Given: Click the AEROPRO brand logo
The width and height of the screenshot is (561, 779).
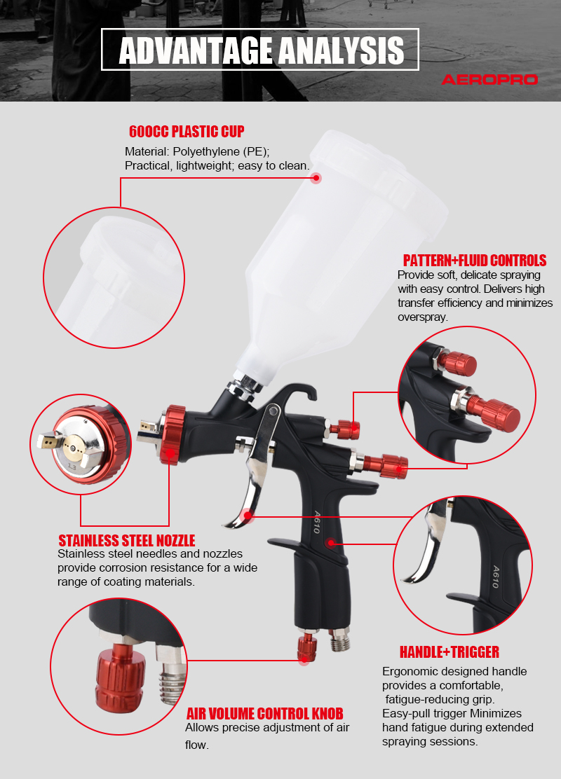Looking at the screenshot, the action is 489,79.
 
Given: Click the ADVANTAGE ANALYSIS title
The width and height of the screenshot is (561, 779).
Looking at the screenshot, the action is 261,50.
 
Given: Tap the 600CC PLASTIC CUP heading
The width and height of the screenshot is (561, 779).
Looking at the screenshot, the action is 187,131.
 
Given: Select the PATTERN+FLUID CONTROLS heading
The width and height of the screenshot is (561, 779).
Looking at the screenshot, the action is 475,261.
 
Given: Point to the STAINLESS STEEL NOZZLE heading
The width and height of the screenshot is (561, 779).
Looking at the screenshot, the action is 127,541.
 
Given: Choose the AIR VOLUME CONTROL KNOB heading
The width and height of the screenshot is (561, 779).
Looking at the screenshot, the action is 264,714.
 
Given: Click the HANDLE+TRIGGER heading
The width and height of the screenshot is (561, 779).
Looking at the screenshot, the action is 450,652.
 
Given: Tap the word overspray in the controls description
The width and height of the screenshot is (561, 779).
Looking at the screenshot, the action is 422,317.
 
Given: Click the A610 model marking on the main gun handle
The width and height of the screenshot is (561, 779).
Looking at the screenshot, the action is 316,522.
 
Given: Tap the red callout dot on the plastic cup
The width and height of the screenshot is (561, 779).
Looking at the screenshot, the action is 316,178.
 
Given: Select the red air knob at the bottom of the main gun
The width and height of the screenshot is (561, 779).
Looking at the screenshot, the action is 307,647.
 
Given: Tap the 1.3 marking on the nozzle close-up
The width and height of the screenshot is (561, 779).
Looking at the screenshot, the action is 72,467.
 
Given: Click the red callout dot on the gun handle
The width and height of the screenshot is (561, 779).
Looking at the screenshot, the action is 331,543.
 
